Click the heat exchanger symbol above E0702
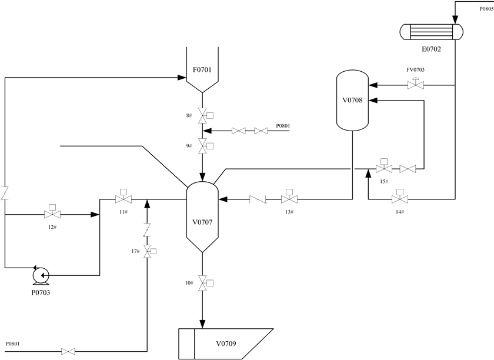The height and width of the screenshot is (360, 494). (431, 32)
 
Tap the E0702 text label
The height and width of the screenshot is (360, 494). (431, 49)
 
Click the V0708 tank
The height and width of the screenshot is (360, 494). (352, 100)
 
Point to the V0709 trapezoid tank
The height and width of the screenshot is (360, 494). (225, 344)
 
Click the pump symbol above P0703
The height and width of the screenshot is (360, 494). (41, 275)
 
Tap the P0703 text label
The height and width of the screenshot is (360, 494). (41, 292)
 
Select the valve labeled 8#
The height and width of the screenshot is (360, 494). (202, 115)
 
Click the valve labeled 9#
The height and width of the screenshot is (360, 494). (202, 146)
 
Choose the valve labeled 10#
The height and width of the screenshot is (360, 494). (202, 283)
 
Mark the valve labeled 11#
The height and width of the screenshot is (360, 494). (123, 199)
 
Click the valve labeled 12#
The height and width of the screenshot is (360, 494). (52, 214)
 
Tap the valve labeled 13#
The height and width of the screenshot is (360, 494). (289, 199)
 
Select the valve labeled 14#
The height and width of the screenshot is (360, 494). (400, 199)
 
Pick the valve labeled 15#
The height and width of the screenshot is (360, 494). (384, 168)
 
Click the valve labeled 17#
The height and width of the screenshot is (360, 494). (147, 251)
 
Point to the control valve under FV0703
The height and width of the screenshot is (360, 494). (416, 85)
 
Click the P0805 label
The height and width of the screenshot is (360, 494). (486, 9)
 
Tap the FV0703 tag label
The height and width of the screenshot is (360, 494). (416, 70)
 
